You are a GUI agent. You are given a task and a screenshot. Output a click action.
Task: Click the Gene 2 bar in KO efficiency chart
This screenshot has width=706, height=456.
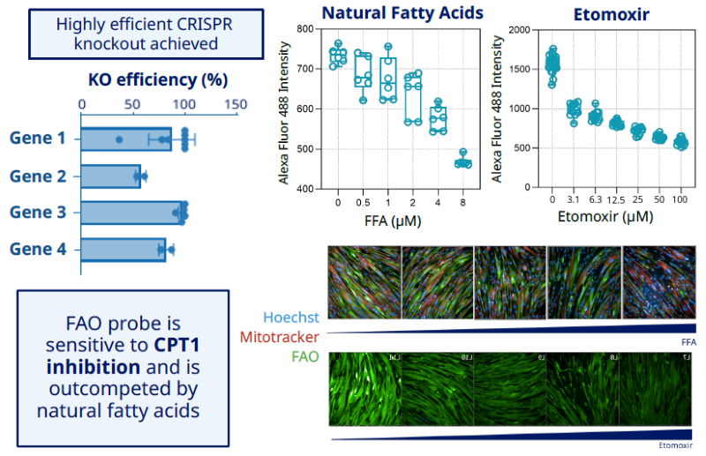(x=110, y=176)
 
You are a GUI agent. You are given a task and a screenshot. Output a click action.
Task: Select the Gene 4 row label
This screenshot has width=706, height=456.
(x=38, y=250)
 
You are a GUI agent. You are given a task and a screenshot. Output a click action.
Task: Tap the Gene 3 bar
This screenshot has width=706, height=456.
(x=131, y=213)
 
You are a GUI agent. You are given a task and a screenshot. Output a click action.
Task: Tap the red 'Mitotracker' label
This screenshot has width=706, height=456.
(x=280, y=336)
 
